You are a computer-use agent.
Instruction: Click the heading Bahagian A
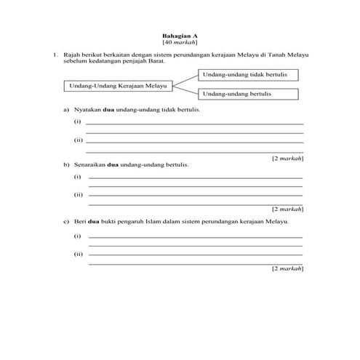pyautogui.click(x=180, y=35)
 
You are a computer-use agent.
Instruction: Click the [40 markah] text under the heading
pyautogui.click(x=180, y=42)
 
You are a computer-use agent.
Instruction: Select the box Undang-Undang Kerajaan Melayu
pyautogui.click(x=117, y=86)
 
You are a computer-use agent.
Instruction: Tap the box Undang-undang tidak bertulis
pyautogui.click(x=247, y=75)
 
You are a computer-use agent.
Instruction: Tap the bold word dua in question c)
pyautogui.click(x=92, y=221)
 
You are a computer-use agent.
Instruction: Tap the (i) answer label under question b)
pyautogui.click(x=78, y=177)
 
